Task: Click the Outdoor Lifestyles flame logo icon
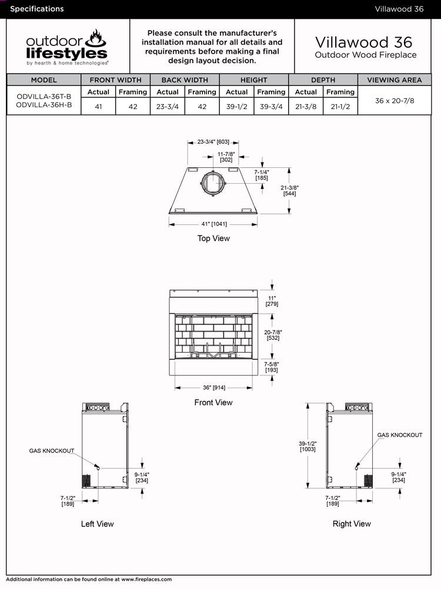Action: (x=96, y=39)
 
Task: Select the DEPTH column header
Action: (x=323, y=80)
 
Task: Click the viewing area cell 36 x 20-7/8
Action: (x=395, y=101)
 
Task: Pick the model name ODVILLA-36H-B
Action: (x=44, y=105)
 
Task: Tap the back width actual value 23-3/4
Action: (x=167, y=107)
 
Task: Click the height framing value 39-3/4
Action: (x=271, y=107)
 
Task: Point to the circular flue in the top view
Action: (x=212, y=183)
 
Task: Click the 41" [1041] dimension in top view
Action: (x=212, y=224)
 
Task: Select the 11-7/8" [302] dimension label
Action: (x=226, y=157)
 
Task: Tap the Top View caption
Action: (x=213, y=239)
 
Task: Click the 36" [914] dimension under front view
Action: (x=213, y=388)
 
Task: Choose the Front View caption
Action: (x=213, y=403)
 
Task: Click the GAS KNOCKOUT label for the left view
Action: (x=52, y=451)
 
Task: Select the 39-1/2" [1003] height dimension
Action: (x=308, y=445)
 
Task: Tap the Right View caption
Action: (x=352, y=524)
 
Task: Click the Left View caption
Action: (x=98, y=524)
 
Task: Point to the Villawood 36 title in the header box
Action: (x=364, y=42)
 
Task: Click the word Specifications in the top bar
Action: (x=37, y=9)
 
